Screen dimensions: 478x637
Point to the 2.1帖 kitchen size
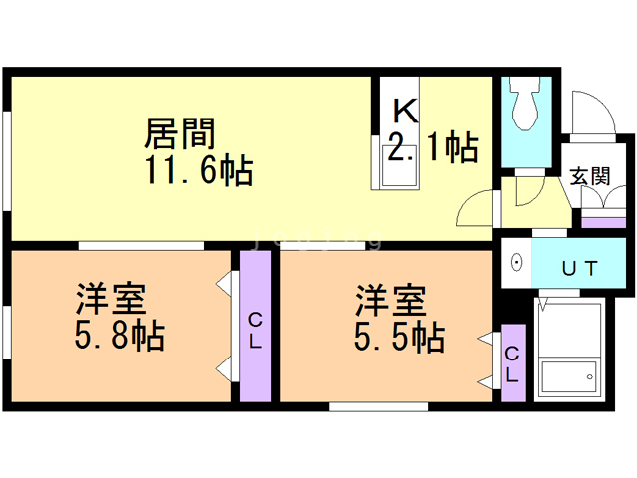coord(431,148)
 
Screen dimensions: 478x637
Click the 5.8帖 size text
coord(119,336)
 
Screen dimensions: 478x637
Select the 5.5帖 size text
coord(398,336)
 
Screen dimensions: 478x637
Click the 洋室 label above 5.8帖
coord(112,298)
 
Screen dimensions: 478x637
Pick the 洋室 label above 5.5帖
coord(392,298)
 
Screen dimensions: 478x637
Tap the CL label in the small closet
coord(511,364)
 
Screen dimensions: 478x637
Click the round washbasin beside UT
coord(517,264)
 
